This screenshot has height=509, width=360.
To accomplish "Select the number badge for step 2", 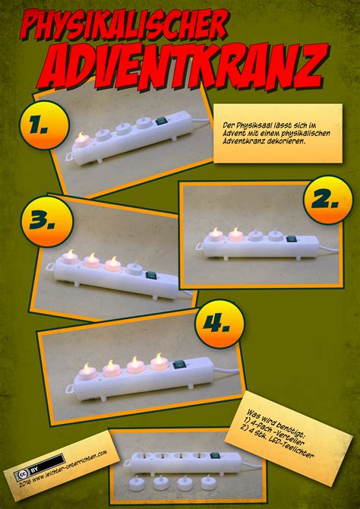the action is [327, 200].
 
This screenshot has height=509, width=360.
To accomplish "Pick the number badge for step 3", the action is [47, 221].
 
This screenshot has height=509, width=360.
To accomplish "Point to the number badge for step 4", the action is [219, 324].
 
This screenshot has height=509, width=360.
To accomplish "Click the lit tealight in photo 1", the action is [83, 141].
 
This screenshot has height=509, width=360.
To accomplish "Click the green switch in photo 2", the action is [292, 239].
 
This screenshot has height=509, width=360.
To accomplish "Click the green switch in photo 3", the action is [151, 276].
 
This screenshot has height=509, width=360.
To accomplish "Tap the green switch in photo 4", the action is [179, 365].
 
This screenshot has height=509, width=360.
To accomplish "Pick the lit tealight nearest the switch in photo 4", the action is [159, 362].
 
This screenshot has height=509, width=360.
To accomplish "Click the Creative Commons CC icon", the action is [19, 475].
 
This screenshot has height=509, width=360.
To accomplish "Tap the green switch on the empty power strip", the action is [215, 455].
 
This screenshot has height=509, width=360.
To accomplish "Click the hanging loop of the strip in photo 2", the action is [200, 247].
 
